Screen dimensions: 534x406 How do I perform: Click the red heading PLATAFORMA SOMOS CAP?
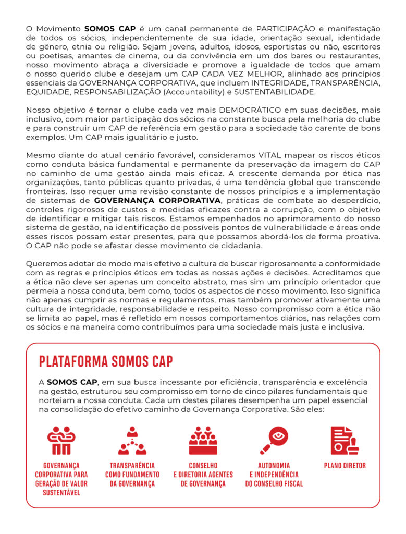click(106, 361)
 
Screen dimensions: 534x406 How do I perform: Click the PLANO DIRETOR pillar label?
click(345, 466)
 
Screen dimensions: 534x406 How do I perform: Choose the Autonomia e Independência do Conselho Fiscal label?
click(274, 475)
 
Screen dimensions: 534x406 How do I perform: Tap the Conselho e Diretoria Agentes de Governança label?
click(203, 475)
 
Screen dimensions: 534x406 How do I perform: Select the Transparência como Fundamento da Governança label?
click(132, 475)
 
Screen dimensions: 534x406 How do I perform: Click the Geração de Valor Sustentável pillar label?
click(61, 488)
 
